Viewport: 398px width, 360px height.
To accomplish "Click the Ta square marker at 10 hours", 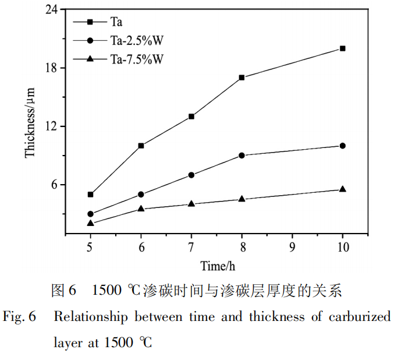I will coord(342,48).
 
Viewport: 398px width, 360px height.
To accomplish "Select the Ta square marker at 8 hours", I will coord(241,77).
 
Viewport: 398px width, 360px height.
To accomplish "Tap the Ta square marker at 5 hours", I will coord(90,195).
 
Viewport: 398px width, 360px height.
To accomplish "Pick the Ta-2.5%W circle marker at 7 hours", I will coord(191,175).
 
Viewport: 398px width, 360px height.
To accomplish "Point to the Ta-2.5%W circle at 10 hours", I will coord(342,146).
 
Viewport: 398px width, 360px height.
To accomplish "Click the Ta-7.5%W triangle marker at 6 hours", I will coord(141,209).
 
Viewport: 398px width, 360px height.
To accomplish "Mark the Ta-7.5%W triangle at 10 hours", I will coord(342,189).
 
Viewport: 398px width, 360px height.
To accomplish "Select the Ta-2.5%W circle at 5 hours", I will coord(90,214).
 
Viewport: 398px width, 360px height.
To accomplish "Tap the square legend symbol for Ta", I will coord(90,22).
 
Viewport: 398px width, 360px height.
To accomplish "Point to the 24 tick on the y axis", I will coord(54,10).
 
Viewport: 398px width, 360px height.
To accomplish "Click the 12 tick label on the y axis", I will coord(54,126).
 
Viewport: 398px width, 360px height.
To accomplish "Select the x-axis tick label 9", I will coord(292,246).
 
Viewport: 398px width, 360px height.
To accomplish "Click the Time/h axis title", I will coord(218,267).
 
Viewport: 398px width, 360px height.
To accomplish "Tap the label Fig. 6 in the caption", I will coord(20,317).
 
